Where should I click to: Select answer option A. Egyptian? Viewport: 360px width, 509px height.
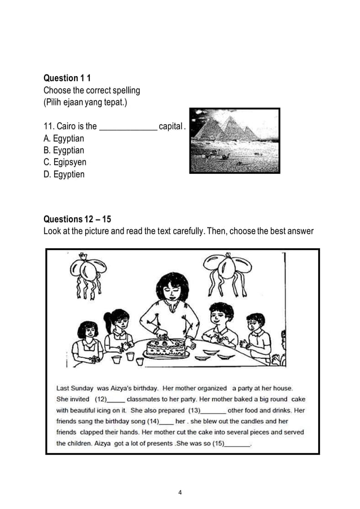click(x=64, y=138)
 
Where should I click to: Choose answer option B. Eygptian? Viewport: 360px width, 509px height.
click(x=64, y=150)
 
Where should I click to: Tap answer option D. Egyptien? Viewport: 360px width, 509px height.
click(x=64, y=174)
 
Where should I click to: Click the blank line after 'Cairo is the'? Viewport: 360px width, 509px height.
click(x=128, y=126)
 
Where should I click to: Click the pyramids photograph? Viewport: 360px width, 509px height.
click(x=234, y=141)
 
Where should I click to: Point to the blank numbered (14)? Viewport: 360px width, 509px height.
click(x=166, y=422)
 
